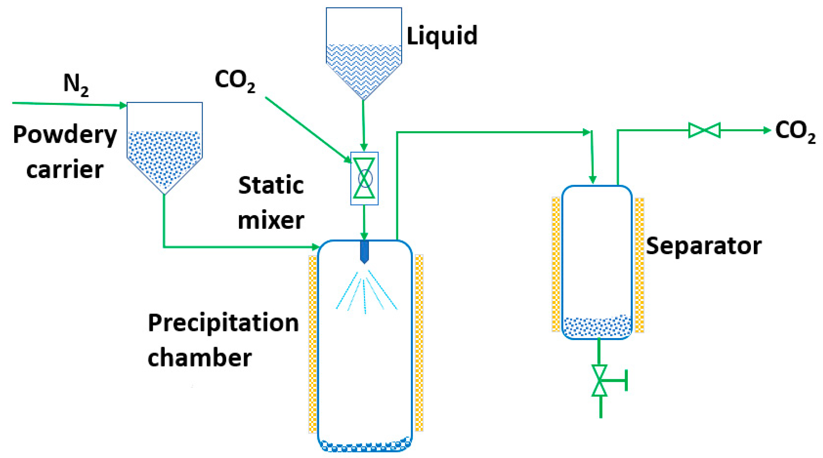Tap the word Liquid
pyautogui.click(x=442, y=35)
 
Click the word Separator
pyautogui.click(x=703, y=246)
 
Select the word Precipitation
pyautogui.click(x=223, y=323)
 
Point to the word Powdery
pyautogui.click(x=65, y=135)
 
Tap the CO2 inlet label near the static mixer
pyautogui.click(x=235, y=81)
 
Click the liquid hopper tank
pyautogui.click(x=364, y=53)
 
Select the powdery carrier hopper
pyautogui.click(x=164, y=147)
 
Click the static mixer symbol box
pyautogui.click(x=364, y=178)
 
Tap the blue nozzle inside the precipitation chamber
pyautogui.click(x=364, y=252)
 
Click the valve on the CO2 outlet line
pyautogui.click(x=704, y=130)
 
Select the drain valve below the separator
pyautogui.click(x=599, y=380)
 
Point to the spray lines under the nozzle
pyautogui.click(x=366, y=292)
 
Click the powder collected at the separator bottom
pyautogui.click(x=597, y=326)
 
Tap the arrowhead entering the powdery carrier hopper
pyautogui.click(x=123, y=106)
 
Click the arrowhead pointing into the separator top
pyautogui.click(x=592, y=180)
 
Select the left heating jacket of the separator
pyautogui.click(x=556, y=265)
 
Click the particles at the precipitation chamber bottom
pyautogui.click(x=364, y=445)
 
